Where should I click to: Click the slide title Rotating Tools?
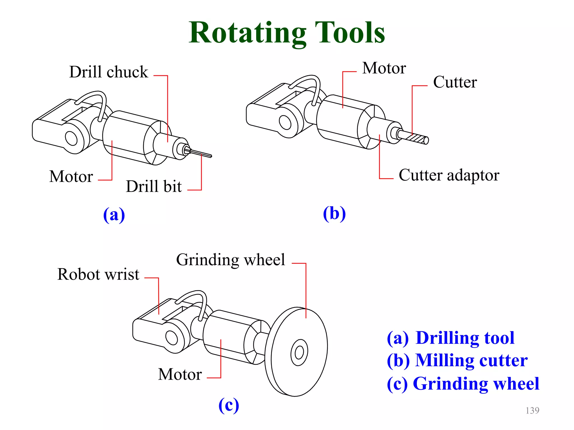pyautogui.click(x=287, y=33)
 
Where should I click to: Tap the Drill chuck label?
pyautogui.click(x=108, y=72)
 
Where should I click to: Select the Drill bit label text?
pyautogui.click(x=154, y=186)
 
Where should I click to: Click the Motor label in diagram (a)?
pyautogui.click(x=71, y=176)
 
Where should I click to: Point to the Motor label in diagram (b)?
pyautogui.click(x=384, y=68)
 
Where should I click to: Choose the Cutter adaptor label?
pyautogui.click(x=449, y=175)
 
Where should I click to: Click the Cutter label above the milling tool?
pyautogui.click(x=455, y=82)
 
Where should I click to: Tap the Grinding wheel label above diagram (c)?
pyautogui.click(x=230, y=260)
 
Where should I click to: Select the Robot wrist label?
pyautogui.click(x=98, y=274)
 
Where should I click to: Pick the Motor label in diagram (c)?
pyautogui.click(x=180, y=374)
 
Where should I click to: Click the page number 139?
pyautogui.click(x=532, y=410)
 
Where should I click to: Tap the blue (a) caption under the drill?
pyautogui.click(x=114, y=215)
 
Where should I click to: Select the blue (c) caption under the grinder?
pyautogui.click(x=229, y=405)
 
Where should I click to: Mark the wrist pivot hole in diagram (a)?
pyautogui.click(x=71, y=138)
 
